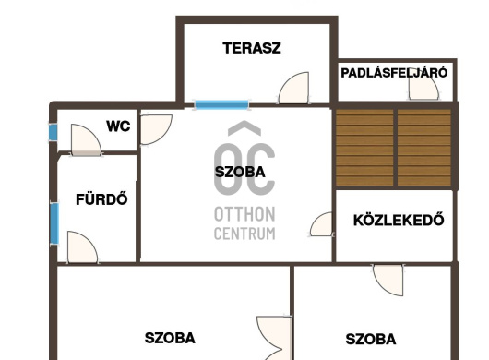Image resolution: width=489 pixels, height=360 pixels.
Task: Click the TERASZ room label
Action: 252,48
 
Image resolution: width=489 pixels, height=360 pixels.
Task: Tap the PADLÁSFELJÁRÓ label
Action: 394,73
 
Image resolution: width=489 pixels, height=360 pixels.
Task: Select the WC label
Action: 118,126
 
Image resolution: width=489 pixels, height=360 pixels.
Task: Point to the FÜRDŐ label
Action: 101,198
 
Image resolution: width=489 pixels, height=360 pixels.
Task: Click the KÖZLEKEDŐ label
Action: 399,220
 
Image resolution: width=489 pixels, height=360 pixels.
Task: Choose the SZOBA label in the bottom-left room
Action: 170,338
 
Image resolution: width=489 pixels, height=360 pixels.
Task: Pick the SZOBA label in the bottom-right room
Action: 371,339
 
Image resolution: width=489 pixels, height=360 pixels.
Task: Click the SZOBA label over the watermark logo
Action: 240,172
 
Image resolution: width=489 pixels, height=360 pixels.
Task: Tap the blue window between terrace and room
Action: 221,104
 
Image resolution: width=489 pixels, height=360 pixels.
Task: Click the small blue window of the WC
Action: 53,132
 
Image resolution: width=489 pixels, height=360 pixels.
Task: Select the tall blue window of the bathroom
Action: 54,223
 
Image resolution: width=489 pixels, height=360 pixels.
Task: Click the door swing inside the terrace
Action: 293,88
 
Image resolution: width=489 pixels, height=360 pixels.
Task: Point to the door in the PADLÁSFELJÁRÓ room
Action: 423,88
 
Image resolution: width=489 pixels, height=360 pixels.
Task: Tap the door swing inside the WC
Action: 86,139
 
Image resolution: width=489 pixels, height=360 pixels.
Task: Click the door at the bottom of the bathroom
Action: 82,247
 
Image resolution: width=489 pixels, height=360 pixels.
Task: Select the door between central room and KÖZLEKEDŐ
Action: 321,224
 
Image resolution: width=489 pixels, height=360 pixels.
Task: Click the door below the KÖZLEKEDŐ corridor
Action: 388,280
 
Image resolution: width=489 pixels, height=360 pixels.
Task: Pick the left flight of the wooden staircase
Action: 364,148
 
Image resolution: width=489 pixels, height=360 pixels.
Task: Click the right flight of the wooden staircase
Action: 424,148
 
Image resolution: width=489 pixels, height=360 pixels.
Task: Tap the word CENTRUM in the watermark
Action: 244,234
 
